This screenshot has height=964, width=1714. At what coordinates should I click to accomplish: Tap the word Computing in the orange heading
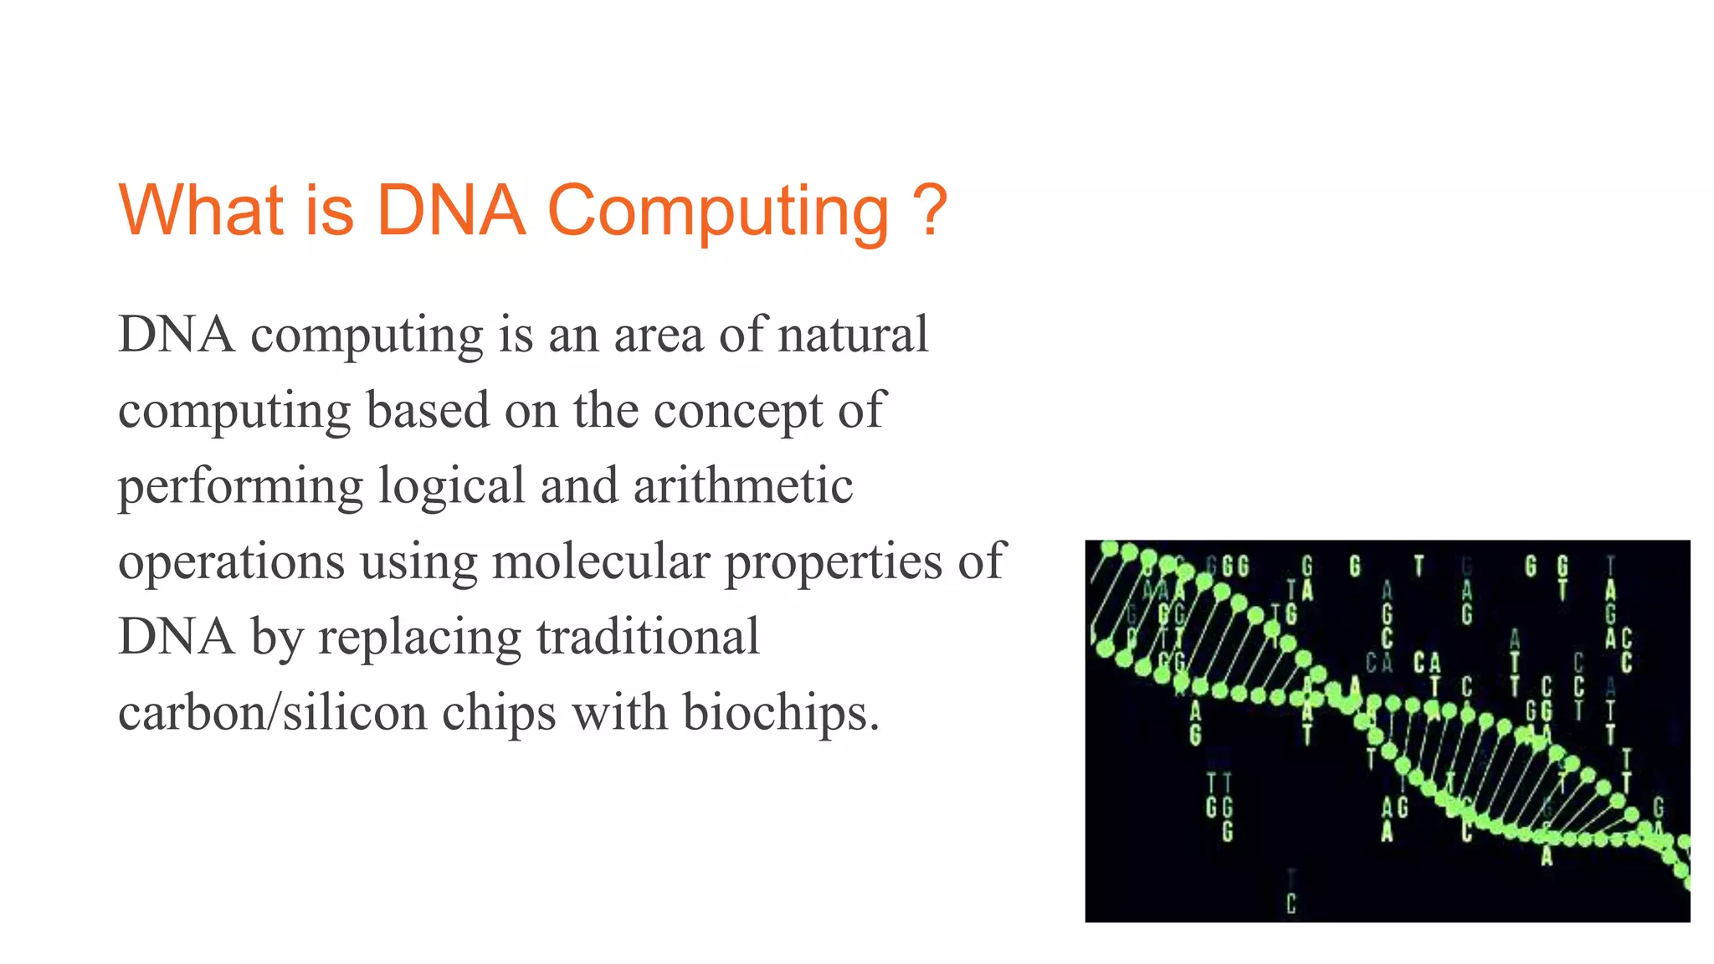pos(718,211)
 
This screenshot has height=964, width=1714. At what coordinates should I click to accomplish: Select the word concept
pos(738,412)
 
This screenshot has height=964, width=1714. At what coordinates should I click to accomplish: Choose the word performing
pos(240,487)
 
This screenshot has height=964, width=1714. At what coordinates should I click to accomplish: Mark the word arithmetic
pos(743,485)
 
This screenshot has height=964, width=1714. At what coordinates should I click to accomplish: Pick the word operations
pos(232,562)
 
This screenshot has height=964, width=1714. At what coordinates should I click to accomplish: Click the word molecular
pos(601,561)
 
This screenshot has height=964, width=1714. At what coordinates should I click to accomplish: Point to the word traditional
pos(649,636)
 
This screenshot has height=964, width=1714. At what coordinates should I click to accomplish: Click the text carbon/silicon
pos(273,712)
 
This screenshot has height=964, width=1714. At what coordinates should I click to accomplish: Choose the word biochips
pos(780,712)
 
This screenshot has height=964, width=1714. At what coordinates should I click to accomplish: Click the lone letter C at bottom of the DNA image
pos(1291,904)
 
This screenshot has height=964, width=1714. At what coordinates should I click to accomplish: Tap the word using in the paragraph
pos(418,562)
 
